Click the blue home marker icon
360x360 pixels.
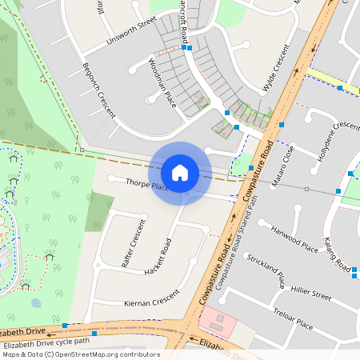180,172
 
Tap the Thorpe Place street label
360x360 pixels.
146,186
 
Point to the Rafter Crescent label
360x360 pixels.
133,242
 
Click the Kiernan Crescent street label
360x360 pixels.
152,302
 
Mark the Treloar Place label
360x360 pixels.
293,318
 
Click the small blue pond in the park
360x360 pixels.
36,303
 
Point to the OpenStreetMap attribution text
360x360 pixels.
81,354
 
